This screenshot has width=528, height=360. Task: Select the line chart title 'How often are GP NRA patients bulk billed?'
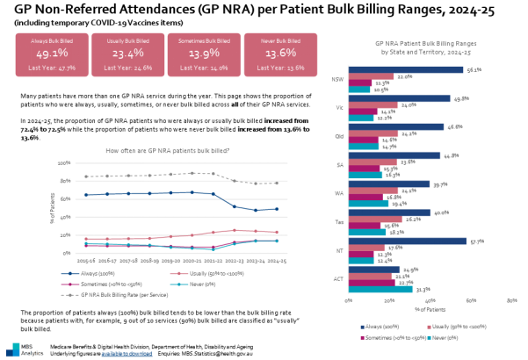(167, 152)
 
